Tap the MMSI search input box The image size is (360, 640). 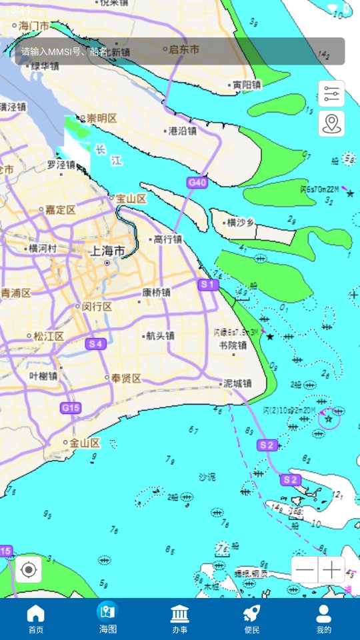(179, 51)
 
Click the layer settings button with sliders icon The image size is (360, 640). (331, 94)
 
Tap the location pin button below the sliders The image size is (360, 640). (331, 123)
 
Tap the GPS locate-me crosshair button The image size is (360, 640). (29, 569)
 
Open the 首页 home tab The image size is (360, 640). (35, 619)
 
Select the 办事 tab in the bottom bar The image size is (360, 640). (179, 619)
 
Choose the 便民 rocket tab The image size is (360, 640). (251, 619)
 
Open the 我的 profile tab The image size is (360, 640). (323, 619)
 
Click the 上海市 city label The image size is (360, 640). (107, 251)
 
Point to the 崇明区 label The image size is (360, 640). (101, 118)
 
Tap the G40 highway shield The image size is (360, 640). (197, 182)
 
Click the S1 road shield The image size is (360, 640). (208, 285)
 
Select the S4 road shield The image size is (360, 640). (96, 344)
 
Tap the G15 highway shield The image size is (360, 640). (70, 408)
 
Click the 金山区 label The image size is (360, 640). (85, 443)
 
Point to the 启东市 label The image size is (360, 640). (184, 49)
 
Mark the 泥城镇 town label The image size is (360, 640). (237, 383)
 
